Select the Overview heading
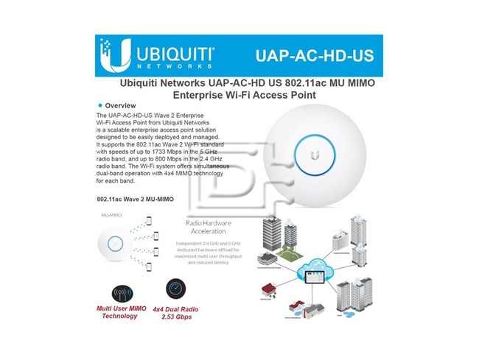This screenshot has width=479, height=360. coord(119,105)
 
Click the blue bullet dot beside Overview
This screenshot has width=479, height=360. coord(99,105)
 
